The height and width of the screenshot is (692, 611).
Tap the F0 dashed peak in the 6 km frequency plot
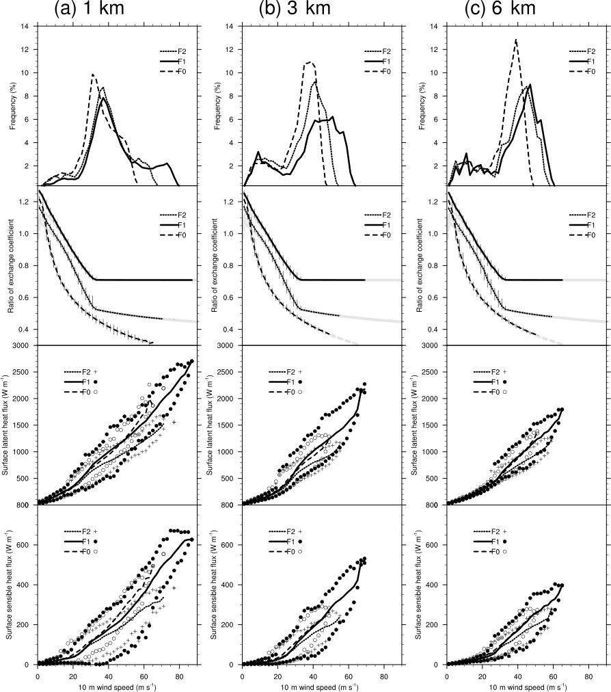point(516,40)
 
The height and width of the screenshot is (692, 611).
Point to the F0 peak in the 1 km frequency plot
point(92,74)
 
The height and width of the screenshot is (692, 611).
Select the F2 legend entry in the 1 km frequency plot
point(172,51)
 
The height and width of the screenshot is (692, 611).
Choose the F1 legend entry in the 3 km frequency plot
point(377,62)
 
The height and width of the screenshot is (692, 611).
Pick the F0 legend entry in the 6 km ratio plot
point(581,235)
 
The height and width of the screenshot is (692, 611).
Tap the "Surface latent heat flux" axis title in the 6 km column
point(422,425)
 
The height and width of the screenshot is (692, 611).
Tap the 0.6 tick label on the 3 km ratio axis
point(231,297)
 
